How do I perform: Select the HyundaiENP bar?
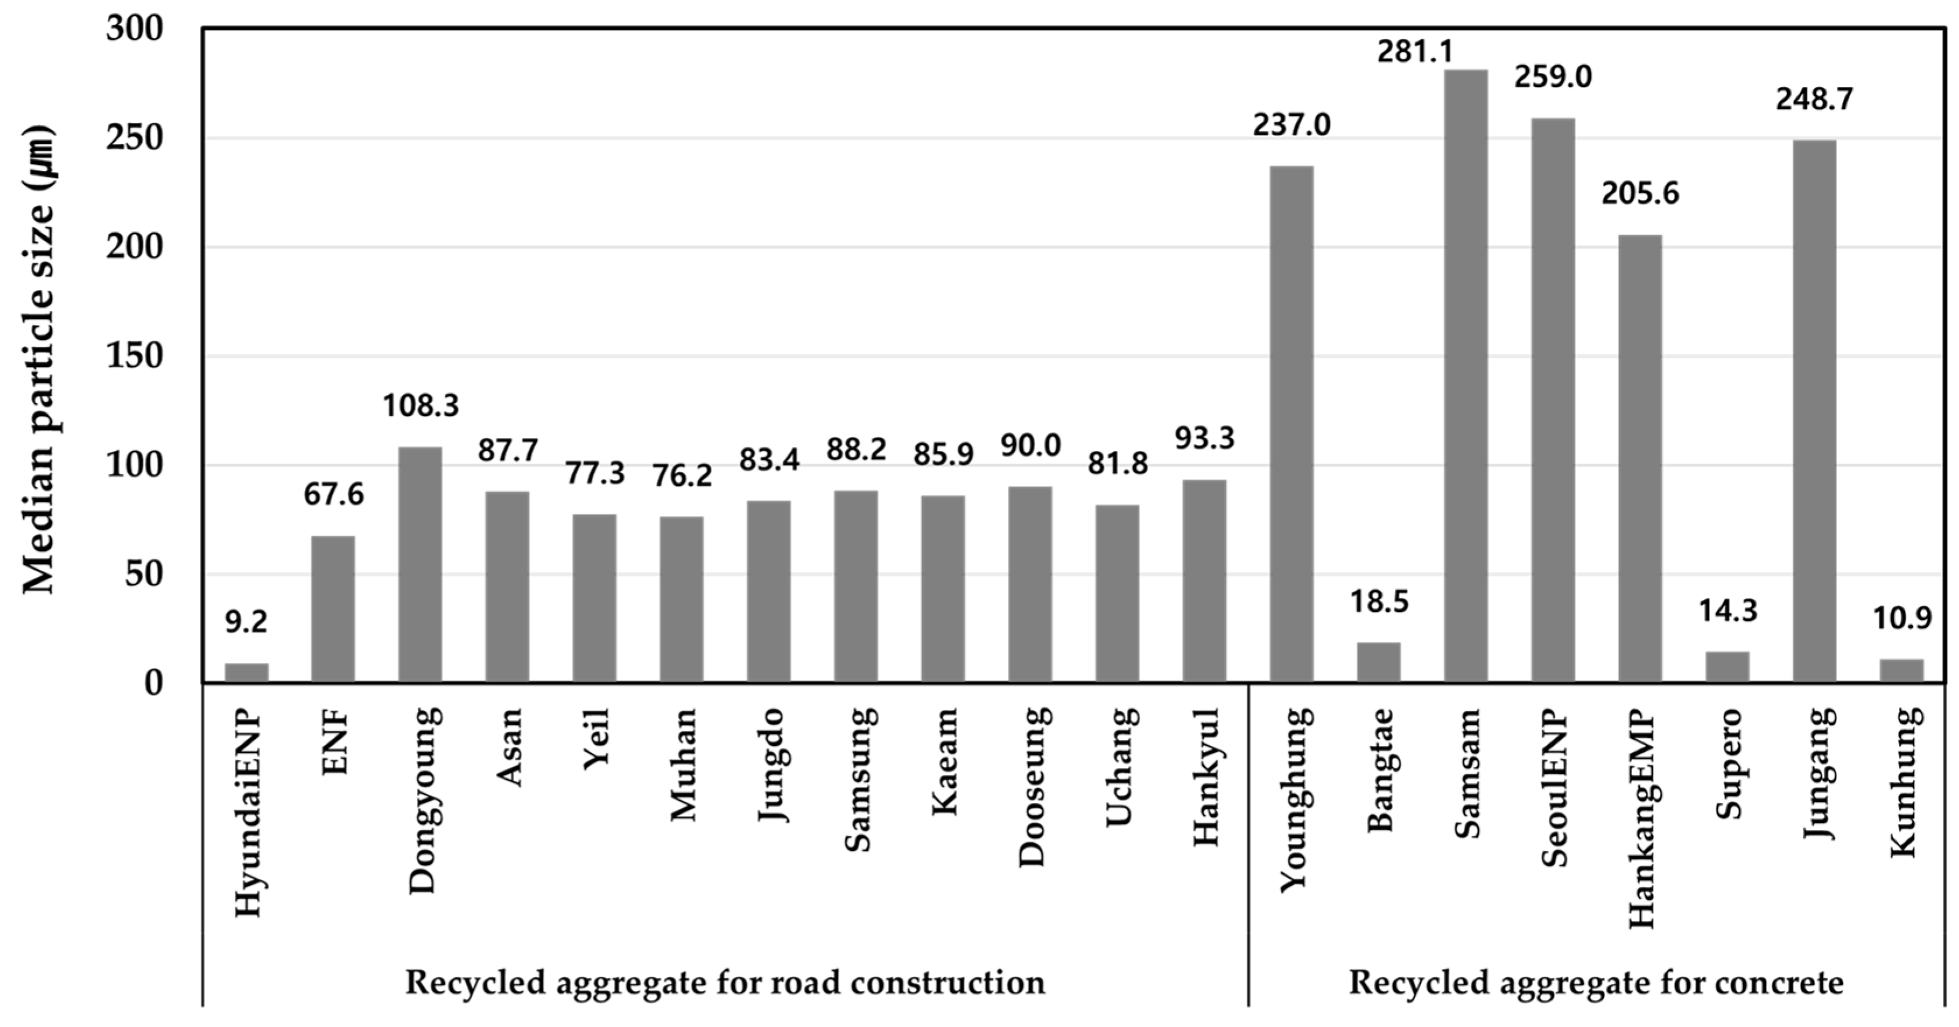[247, 672]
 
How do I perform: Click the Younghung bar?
[1291, 424]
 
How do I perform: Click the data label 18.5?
[1378, 602]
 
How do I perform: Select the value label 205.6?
[1640, 193]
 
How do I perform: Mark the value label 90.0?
[1030, 445]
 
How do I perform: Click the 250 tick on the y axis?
[135, 138]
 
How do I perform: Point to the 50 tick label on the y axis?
[145, 574]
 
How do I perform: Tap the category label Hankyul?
[1206, 776]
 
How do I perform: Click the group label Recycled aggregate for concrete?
[1595, 982]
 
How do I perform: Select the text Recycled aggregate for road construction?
[724, 982]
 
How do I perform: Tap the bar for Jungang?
[1814, 411]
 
